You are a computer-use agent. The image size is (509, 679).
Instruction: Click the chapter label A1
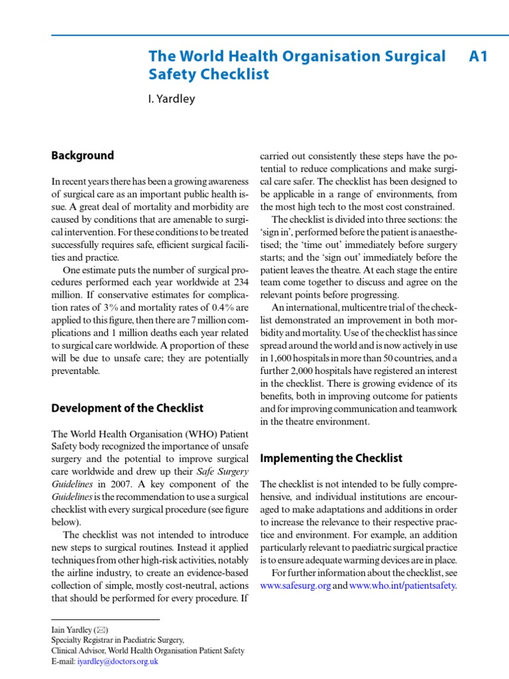[x=478, y=57]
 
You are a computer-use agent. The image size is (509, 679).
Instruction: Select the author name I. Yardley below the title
[x=171, y=99]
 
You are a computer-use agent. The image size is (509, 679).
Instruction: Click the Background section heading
[x=83, y=156]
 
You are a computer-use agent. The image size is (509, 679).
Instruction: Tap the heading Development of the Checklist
[x=127, y=408]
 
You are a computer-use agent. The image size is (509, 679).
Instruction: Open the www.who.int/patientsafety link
[x=402, y=586]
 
